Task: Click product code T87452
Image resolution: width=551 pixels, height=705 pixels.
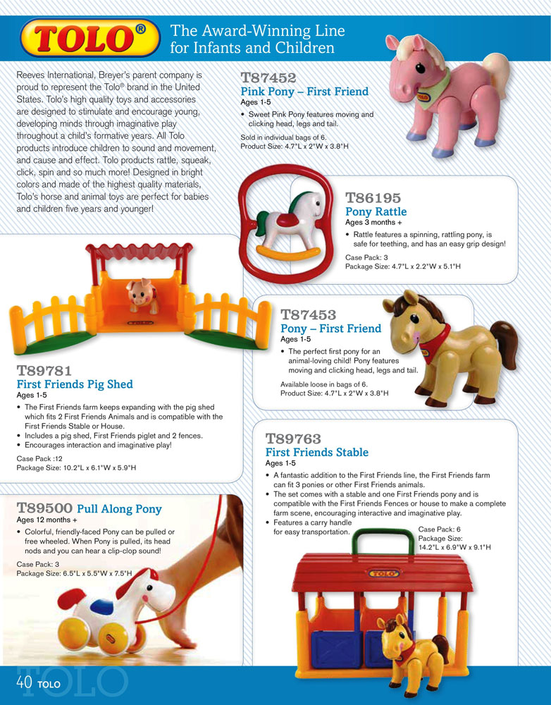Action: tap(268, 78)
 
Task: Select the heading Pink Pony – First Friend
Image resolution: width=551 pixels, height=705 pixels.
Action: tap(304, 92)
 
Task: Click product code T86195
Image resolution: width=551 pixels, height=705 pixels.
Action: tap(373, 198)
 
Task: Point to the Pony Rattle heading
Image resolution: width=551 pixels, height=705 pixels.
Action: tap(376, 212)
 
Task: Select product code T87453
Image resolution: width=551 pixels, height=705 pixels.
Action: tap(309, 314)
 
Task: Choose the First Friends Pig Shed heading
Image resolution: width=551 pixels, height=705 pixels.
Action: tap(74, 385)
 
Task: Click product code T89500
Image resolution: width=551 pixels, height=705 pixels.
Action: tap(44, 508)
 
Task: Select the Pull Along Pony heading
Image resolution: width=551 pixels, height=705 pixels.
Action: tap(119, 509)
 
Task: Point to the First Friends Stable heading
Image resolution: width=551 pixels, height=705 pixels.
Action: tap(316, 453)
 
